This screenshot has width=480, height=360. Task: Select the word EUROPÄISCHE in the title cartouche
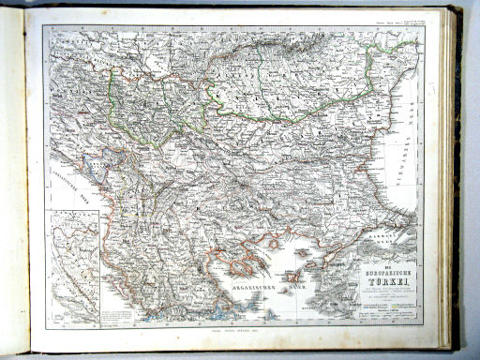387,263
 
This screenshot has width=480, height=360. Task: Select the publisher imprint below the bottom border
228,330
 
